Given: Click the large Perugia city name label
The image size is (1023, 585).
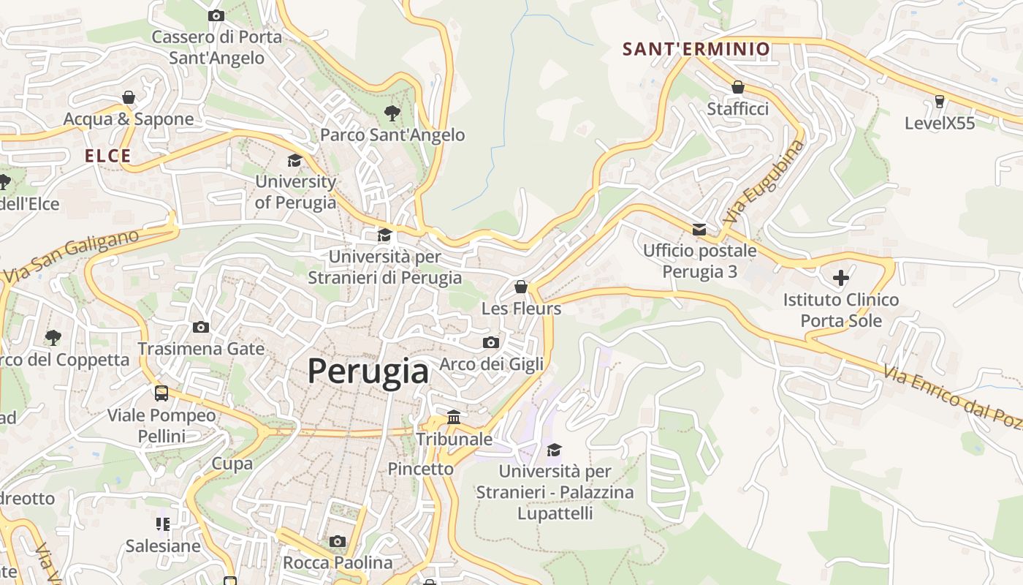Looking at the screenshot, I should click(x=368, y=371).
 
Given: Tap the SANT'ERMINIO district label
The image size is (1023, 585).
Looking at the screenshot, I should click(x=696, y=49).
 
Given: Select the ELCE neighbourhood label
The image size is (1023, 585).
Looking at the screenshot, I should click(x=107, y=156).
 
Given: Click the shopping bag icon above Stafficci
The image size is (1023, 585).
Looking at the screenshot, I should click(x=738, y=88).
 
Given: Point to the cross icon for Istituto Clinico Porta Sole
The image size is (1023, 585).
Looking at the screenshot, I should click(x=841, y=278).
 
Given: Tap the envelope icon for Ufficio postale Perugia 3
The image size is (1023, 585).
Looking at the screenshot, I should click(x=699, y=230).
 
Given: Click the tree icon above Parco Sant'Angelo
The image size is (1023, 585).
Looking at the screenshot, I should click(x=392, y=113).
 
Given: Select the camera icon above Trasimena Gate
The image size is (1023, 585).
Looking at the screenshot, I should click(x=201, y=327).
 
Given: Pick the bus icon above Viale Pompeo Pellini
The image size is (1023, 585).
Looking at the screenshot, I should click(x=161, y=393).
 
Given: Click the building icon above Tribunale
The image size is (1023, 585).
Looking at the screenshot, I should click(x=454, y=418).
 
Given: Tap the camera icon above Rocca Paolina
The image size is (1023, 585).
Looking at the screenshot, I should click(x=337, y=541).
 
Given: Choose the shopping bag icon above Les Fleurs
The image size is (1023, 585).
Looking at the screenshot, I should click(x=521, y=287).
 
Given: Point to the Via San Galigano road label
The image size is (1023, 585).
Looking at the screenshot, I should click(x=71, y=257).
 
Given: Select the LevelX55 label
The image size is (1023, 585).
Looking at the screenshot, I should click(x=940, y=123).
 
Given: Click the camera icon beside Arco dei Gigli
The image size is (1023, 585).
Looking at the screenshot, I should click(x=491, y=342).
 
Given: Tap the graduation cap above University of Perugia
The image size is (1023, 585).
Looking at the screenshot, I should click(x=294, y=160).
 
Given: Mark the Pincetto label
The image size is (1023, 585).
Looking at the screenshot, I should click(x=420, y=469).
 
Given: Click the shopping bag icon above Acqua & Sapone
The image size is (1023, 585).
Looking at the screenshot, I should click(x=129, y=97).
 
